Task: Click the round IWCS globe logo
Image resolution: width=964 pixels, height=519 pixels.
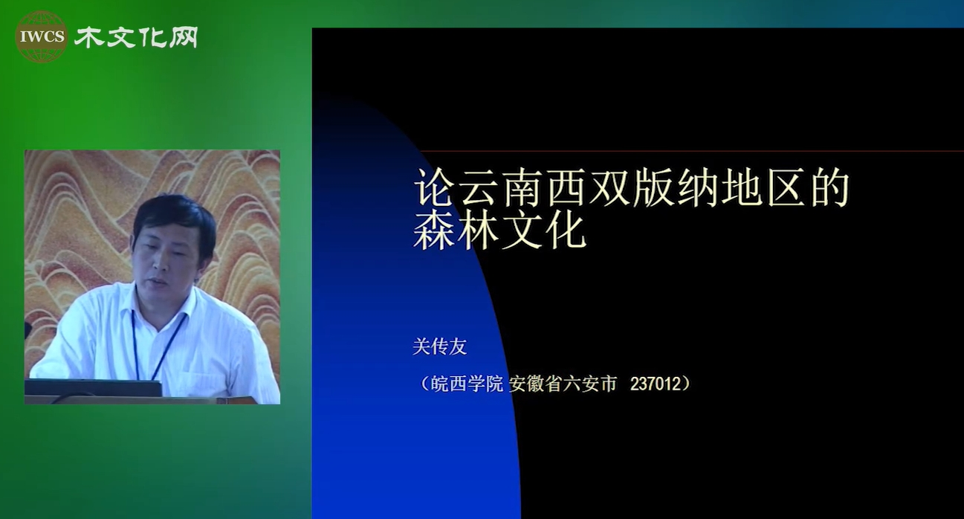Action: [42, 36]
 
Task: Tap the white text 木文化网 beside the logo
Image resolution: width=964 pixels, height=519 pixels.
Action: [136, 37]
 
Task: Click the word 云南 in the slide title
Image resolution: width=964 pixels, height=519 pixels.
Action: [501, 188]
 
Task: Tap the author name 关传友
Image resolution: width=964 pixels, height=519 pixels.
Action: [439, 346]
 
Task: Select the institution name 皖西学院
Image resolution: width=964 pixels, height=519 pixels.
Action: [467, 384]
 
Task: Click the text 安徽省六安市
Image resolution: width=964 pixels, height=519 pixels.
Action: [563, 384]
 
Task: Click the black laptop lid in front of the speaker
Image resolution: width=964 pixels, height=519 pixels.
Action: [93, 387]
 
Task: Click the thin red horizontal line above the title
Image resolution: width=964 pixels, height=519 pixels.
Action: [691, 151]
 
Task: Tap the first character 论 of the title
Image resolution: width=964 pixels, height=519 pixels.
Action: [435, 188]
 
